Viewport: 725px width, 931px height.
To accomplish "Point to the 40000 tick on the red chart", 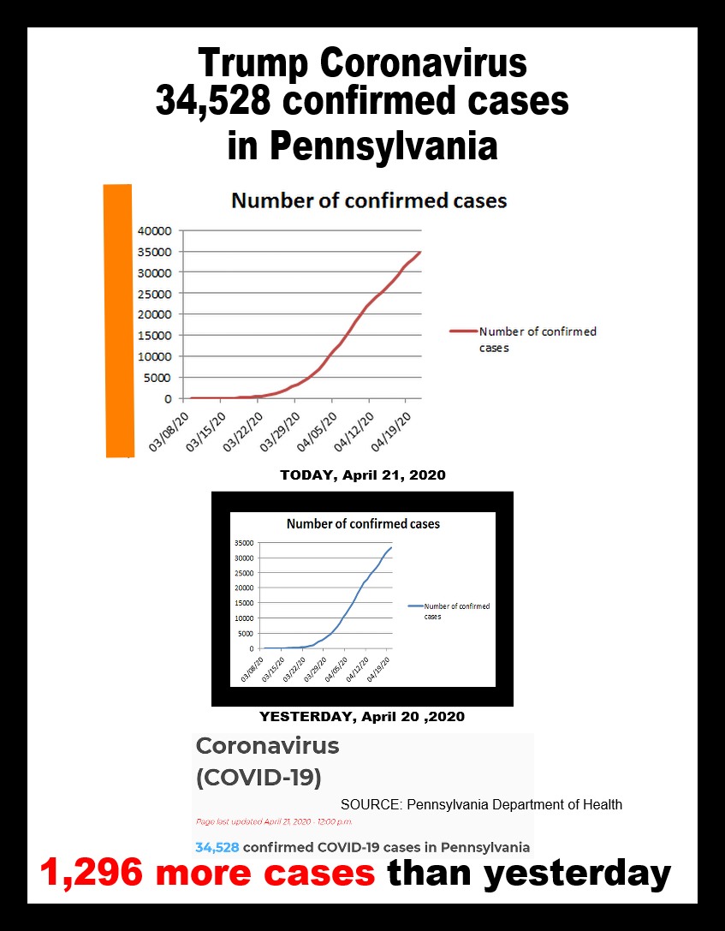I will tap(155, 230).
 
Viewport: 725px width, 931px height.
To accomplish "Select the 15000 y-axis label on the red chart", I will tap(155, 336).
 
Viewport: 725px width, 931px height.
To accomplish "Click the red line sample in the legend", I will tap(462, 331).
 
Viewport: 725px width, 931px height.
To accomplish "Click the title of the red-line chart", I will tap(369, 201).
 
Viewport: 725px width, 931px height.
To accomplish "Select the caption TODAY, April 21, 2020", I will tap(363, 474).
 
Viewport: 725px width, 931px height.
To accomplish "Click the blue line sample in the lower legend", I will tap(415, 606).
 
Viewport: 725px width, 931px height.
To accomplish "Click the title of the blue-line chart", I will tap(363, 523).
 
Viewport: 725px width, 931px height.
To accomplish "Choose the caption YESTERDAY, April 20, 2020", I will tap(362, 716).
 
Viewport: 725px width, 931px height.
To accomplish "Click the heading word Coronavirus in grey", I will tap(267, 746).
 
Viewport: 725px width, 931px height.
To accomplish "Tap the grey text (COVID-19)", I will tap(259, 778).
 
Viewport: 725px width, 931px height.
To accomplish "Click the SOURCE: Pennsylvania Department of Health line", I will tap(481, 804).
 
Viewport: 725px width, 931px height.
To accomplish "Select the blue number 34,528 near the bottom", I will tap(217, 847).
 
